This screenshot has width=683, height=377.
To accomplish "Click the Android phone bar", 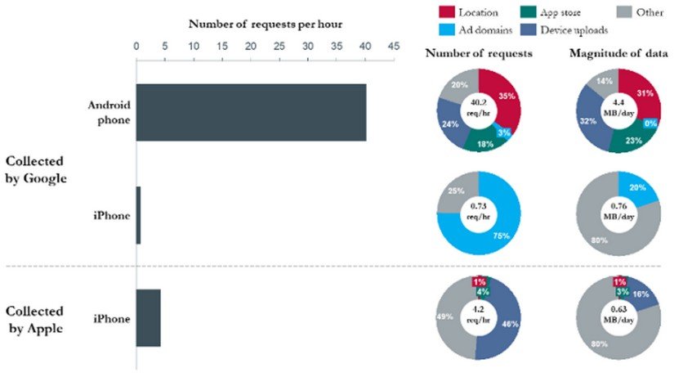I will click(251, 112).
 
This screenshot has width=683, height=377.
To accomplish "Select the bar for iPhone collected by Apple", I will click(149, 318).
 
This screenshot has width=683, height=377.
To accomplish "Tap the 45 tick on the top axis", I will click(393, 46).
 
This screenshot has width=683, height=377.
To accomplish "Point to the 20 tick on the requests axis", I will click(251, 46).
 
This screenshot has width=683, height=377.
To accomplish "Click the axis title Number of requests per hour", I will click(266, 24).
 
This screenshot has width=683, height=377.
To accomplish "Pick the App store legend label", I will click(573, 13).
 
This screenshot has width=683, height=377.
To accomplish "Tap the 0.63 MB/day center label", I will click(617, 315).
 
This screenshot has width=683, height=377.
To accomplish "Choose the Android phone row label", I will click(109, 112).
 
